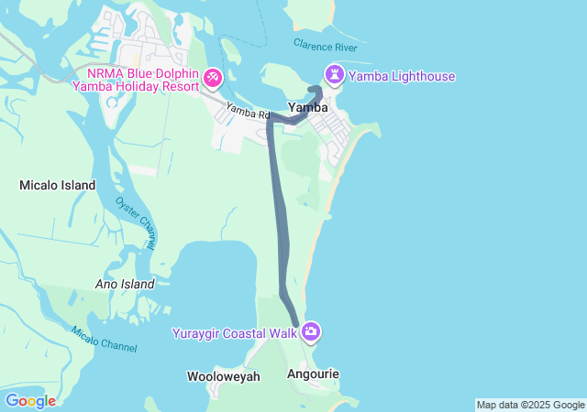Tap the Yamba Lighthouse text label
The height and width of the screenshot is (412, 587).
402,76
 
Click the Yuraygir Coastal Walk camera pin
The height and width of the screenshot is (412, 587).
311,331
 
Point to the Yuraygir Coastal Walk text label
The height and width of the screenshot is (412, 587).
235,333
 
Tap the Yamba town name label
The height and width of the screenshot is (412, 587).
308,107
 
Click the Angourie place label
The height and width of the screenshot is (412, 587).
313,374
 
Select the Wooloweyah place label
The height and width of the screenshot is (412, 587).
224,376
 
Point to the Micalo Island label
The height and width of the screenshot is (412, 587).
58,185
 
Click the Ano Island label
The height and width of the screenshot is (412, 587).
125,284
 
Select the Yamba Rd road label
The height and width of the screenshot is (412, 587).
248,112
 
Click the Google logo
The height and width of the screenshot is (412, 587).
30,400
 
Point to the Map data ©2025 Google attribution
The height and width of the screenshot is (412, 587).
530,405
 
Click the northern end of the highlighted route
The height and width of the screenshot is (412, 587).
316,89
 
